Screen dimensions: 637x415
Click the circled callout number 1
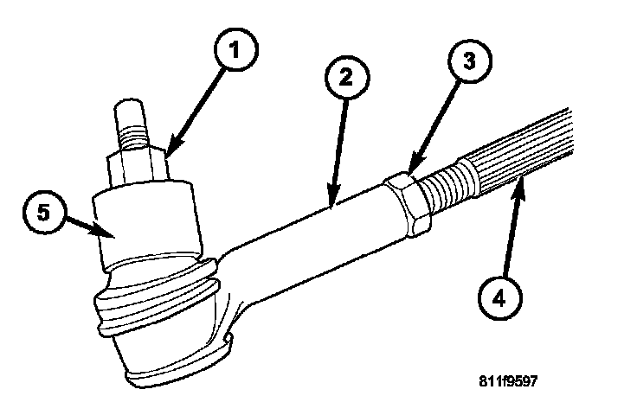pos(235,49)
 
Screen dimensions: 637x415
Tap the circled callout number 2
pos(346,77)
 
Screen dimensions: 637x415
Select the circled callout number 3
pos(470,61)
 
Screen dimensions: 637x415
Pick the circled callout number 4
pos(499,298)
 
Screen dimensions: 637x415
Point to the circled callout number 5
pos(44,212)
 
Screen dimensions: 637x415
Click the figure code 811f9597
pos(508,381)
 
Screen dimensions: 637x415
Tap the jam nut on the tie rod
pos(408,204)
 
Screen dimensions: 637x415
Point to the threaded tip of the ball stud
pos(130,122)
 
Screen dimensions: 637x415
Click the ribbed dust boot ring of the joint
pos(157,297)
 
